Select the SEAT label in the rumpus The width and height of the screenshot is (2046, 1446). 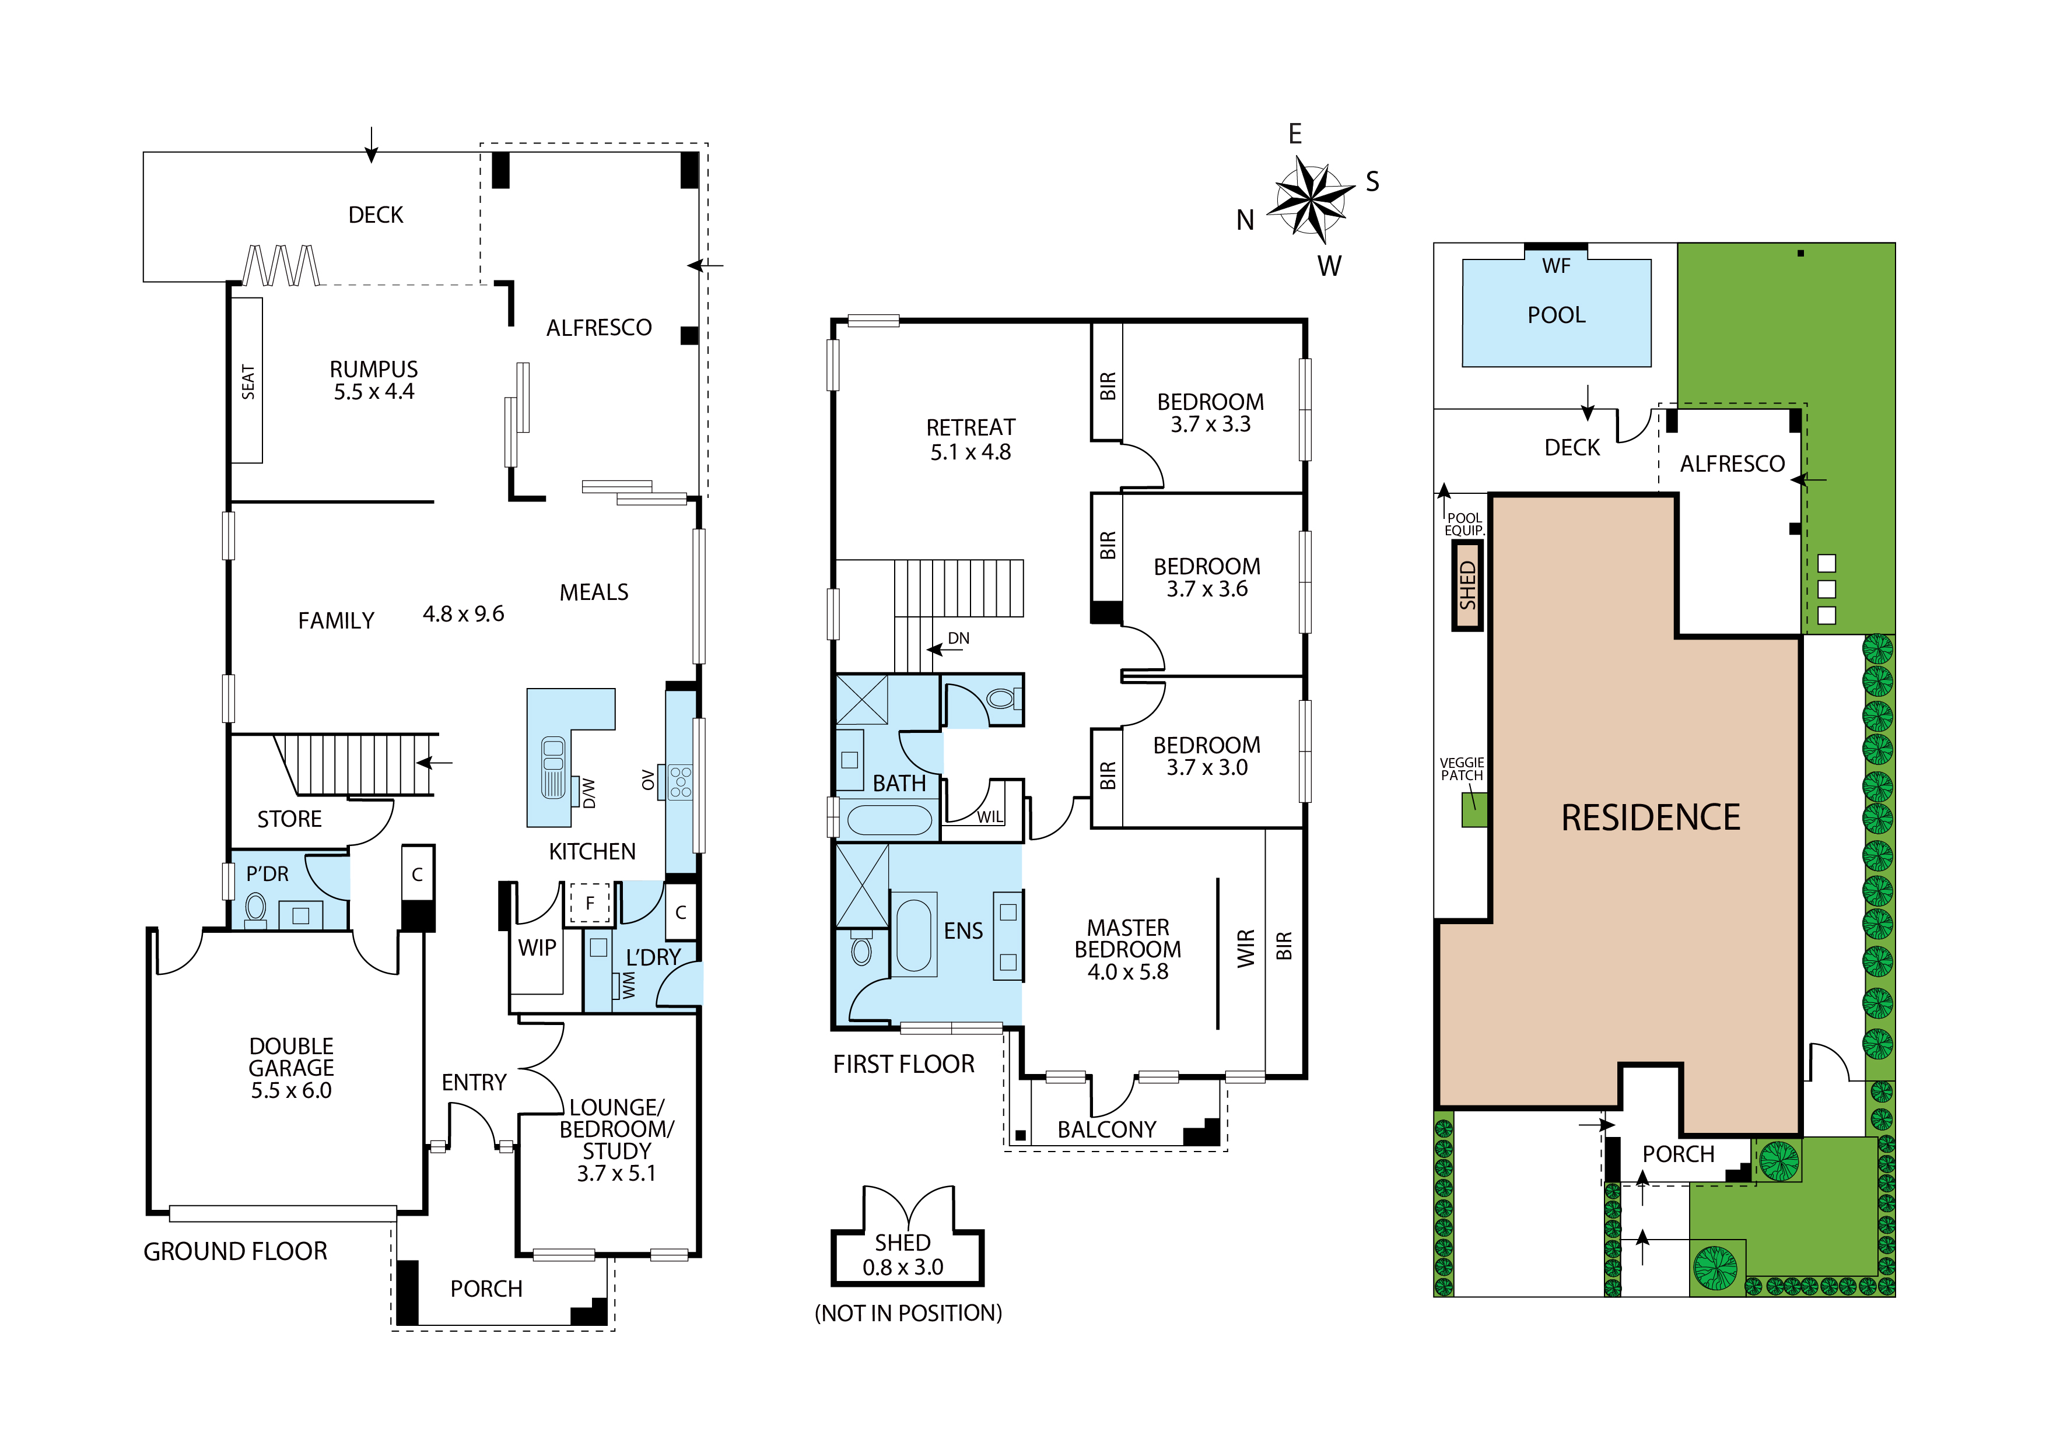[248, 381]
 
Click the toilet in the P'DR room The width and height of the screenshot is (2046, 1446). [255, 908]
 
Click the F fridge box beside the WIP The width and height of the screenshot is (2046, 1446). [589, 903]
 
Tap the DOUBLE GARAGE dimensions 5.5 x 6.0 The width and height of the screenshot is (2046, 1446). [292, 1090]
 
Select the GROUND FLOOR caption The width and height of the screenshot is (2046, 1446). [235, 1252]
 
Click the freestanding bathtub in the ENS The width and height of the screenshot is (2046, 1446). [913, 935]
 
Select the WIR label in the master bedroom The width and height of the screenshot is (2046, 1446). [1246, 948]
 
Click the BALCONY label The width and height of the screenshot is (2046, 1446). [1107, 1130]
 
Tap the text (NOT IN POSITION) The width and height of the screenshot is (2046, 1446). [908, 1312]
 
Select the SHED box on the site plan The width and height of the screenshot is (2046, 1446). [1467, 585]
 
